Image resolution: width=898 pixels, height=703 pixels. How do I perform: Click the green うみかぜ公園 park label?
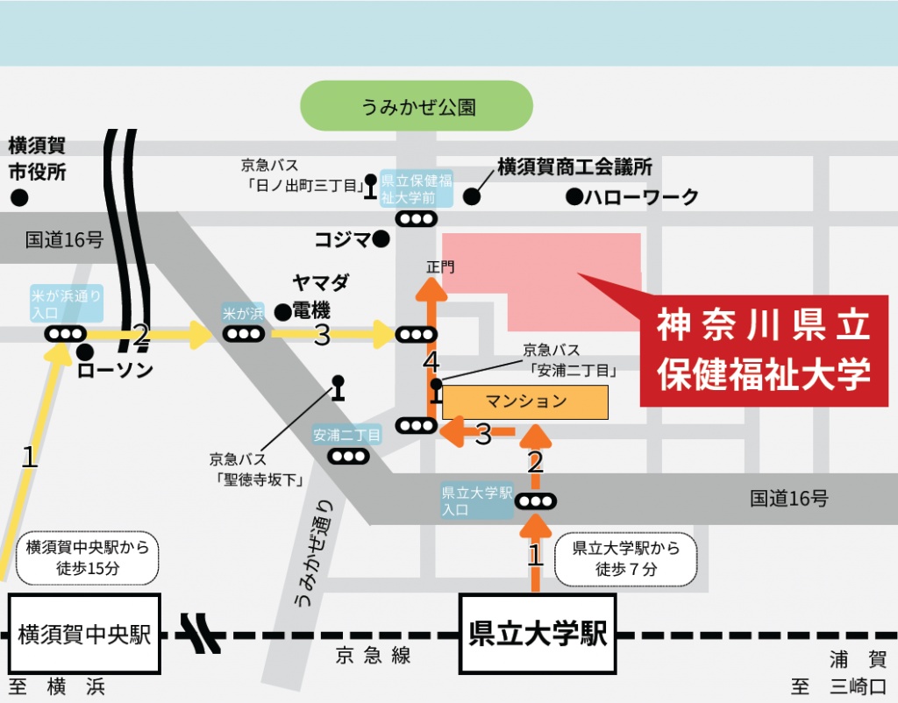tap(417, 106)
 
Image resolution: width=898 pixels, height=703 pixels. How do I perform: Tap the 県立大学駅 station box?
tap(538, 634)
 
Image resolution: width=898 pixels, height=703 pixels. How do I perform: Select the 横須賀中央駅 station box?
tap(84, 634)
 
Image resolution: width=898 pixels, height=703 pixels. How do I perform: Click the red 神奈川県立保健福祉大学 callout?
tap(764, 351)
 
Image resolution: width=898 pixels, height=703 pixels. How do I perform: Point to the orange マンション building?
tap(525, 401)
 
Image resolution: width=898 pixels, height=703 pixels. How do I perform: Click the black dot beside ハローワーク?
tap(574, 195)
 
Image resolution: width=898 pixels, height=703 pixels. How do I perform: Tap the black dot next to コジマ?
tap(381, 238)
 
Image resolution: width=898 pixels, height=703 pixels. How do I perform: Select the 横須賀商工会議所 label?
tap(574, 167)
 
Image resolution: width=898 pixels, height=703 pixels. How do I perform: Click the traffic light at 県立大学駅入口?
tap(536, 501)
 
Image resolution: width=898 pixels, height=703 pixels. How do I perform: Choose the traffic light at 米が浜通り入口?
tap(66, 334)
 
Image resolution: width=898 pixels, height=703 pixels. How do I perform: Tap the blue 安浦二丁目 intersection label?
tap(347, 435)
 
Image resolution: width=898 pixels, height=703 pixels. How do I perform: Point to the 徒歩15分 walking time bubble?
tap(88, 557)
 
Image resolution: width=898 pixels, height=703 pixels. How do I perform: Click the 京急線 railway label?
tap(373, 656)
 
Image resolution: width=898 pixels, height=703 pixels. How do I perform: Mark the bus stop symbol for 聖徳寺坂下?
tap(338, 387)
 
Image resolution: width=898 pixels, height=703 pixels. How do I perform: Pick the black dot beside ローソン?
tap(85, 351)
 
